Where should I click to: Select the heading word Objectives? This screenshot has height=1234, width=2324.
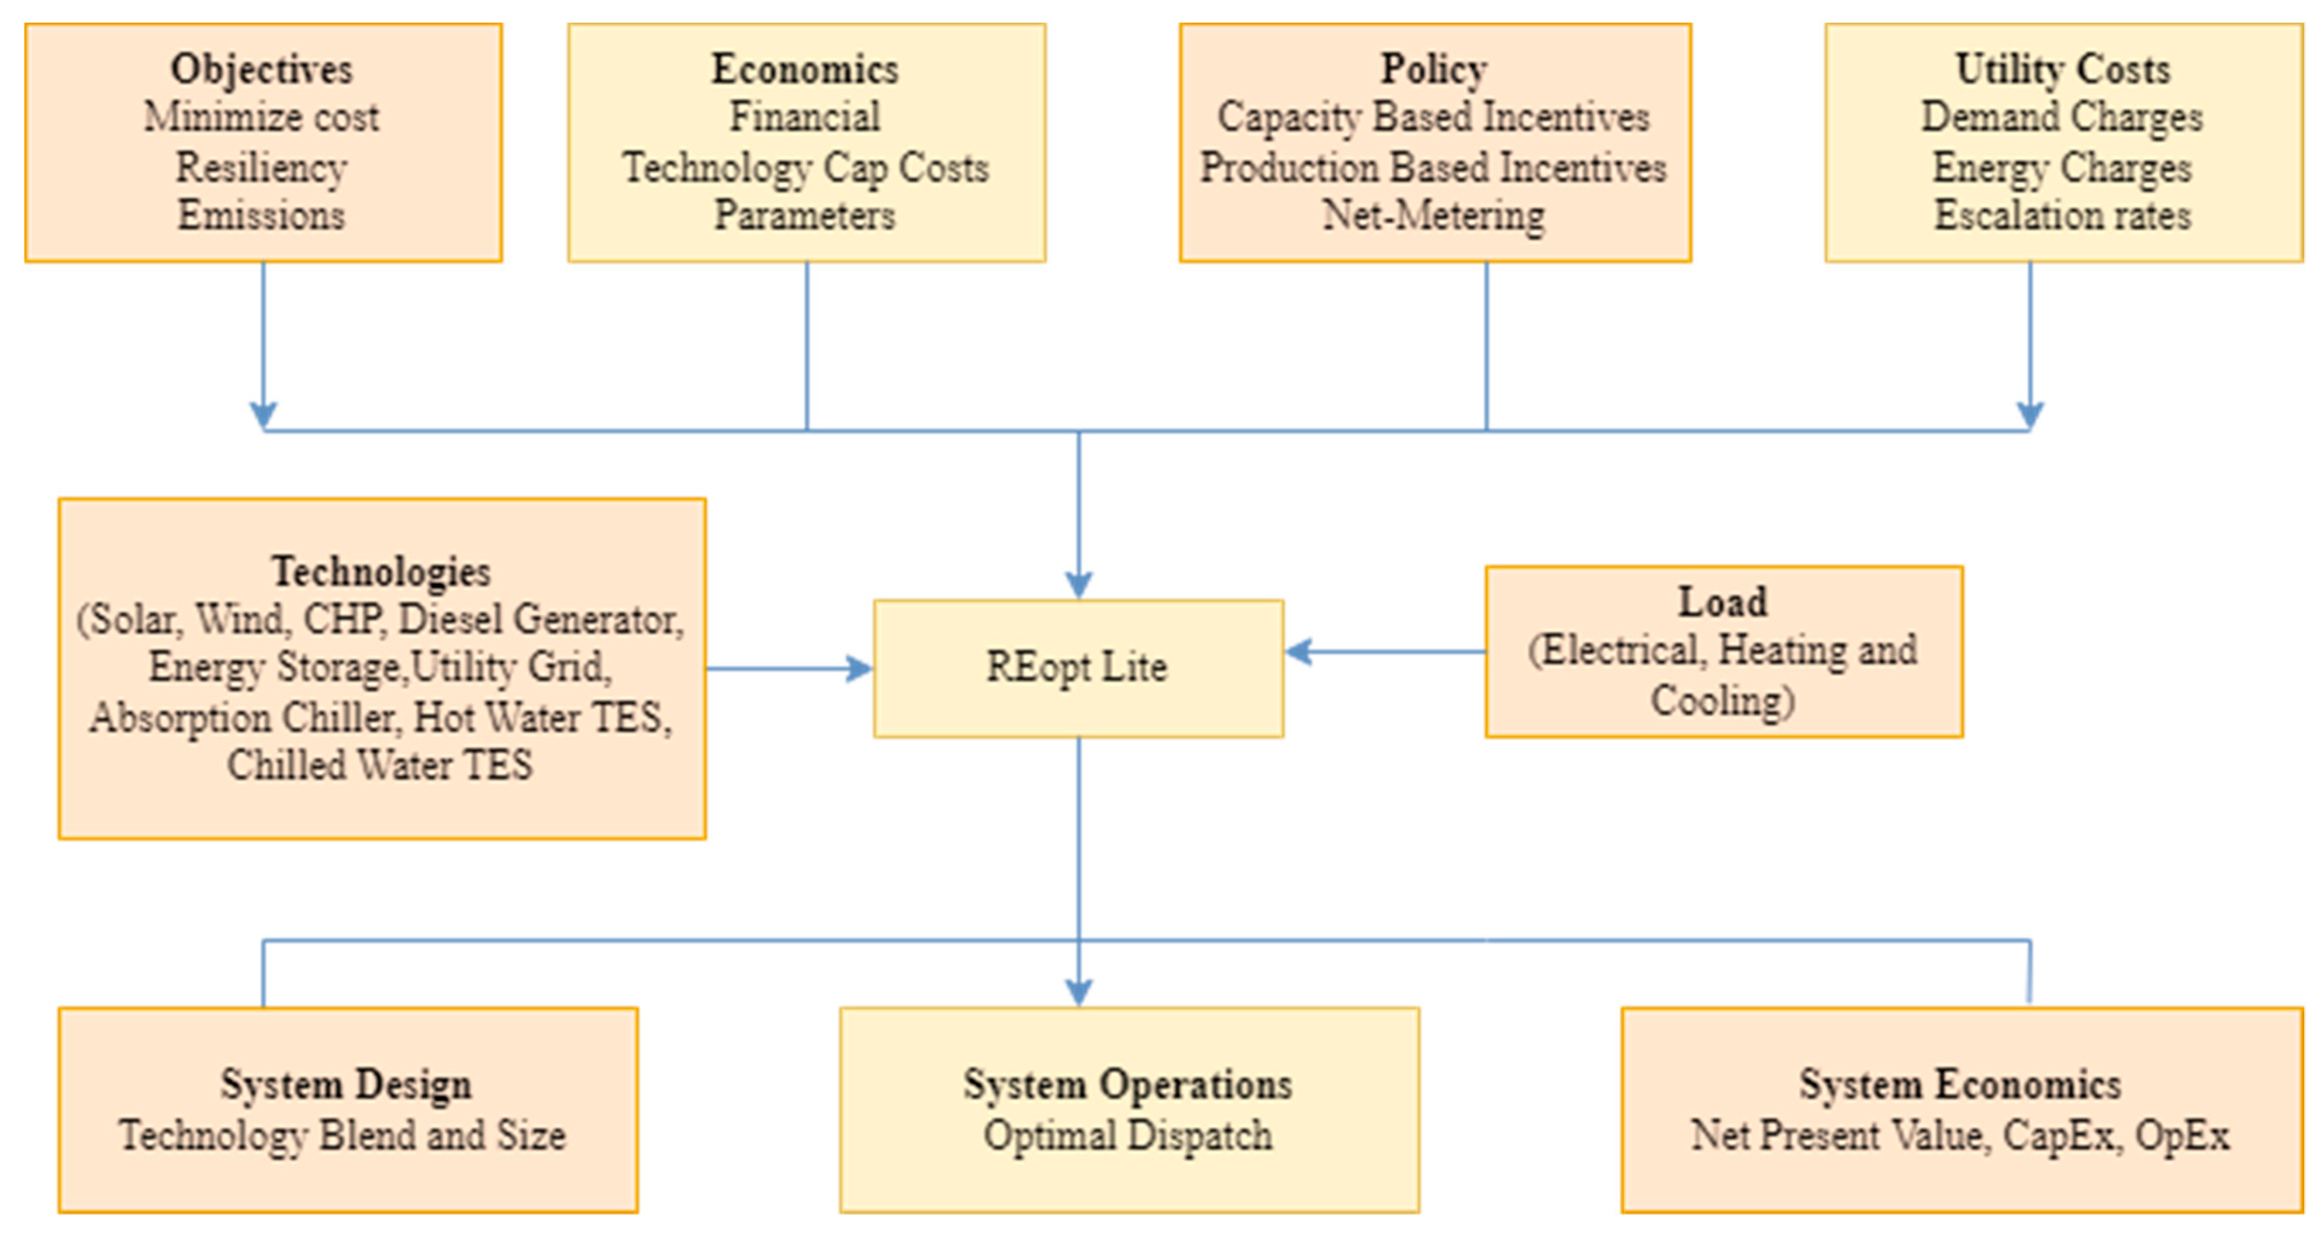pos(262,70)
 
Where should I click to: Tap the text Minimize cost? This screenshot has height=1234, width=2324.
pos(262,117)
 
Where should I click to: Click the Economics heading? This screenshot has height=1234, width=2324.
pos(805,70)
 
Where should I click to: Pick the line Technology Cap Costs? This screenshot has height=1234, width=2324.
pos(805,168)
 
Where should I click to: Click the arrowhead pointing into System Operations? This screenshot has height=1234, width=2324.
pos(1078,992)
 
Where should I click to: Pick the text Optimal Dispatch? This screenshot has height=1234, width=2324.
pos(1128,1135)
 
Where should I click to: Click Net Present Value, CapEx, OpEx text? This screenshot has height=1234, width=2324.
pos(1959,1135)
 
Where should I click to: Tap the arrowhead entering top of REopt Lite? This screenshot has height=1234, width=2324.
pos(1078,584)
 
